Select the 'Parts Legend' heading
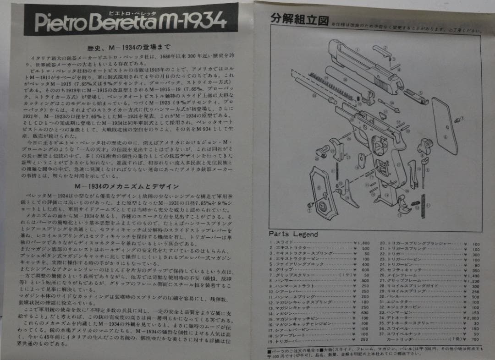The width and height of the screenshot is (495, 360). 293,234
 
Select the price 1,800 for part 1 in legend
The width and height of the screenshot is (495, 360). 363,243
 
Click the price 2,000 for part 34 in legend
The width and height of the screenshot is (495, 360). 473,318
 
